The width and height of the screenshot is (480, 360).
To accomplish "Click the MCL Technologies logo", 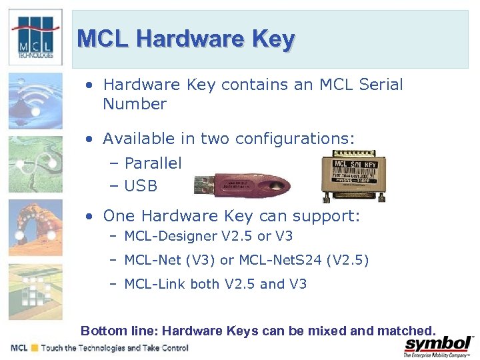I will pyautogui.click(x=35, y=37).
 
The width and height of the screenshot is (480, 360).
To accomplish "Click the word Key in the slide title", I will pyautogui.click(x=273, y=39).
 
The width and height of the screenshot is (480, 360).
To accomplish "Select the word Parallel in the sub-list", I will pyautogui.click(x=153, y=163).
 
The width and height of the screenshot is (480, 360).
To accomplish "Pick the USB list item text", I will pyautogui.click(x=141, y=186).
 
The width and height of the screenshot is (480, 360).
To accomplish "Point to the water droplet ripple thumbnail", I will pyautogui.click(x=35, y=101).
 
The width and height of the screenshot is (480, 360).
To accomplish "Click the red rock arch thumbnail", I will pyautogui.click(x=35, y=227).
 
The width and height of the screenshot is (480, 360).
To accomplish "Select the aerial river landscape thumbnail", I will pyautogui.click(x=35, y=164).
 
